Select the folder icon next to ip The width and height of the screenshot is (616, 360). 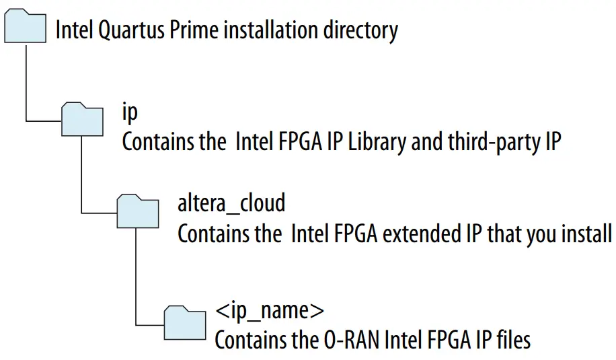coord(82,120)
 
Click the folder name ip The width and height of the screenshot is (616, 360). coord(129,112)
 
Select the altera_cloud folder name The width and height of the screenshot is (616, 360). coord(231,203)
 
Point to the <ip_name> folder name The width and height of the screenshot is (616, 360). coord(270,311)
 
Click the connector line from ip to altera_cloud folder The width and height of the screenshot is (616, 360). coord(81,175)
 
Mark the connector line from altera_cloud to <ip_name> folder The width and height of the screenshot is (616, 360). coord(137,276)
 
